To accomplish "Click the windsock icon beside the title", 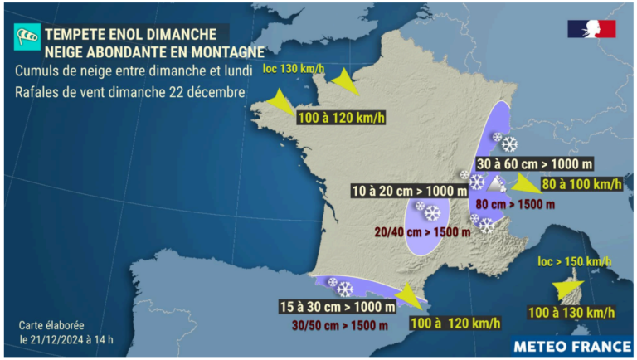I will coord(27,36).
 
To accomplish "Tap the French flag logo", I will coord(591,29).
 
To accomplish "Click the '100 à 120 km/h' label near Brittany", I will coord(340,118).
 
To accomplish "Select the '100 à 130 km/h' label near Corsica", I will coord(572,312).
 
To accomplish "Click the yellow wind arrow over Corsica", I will coord(569,287).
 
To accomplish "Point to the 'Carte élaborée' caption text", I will coord(51,326).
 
